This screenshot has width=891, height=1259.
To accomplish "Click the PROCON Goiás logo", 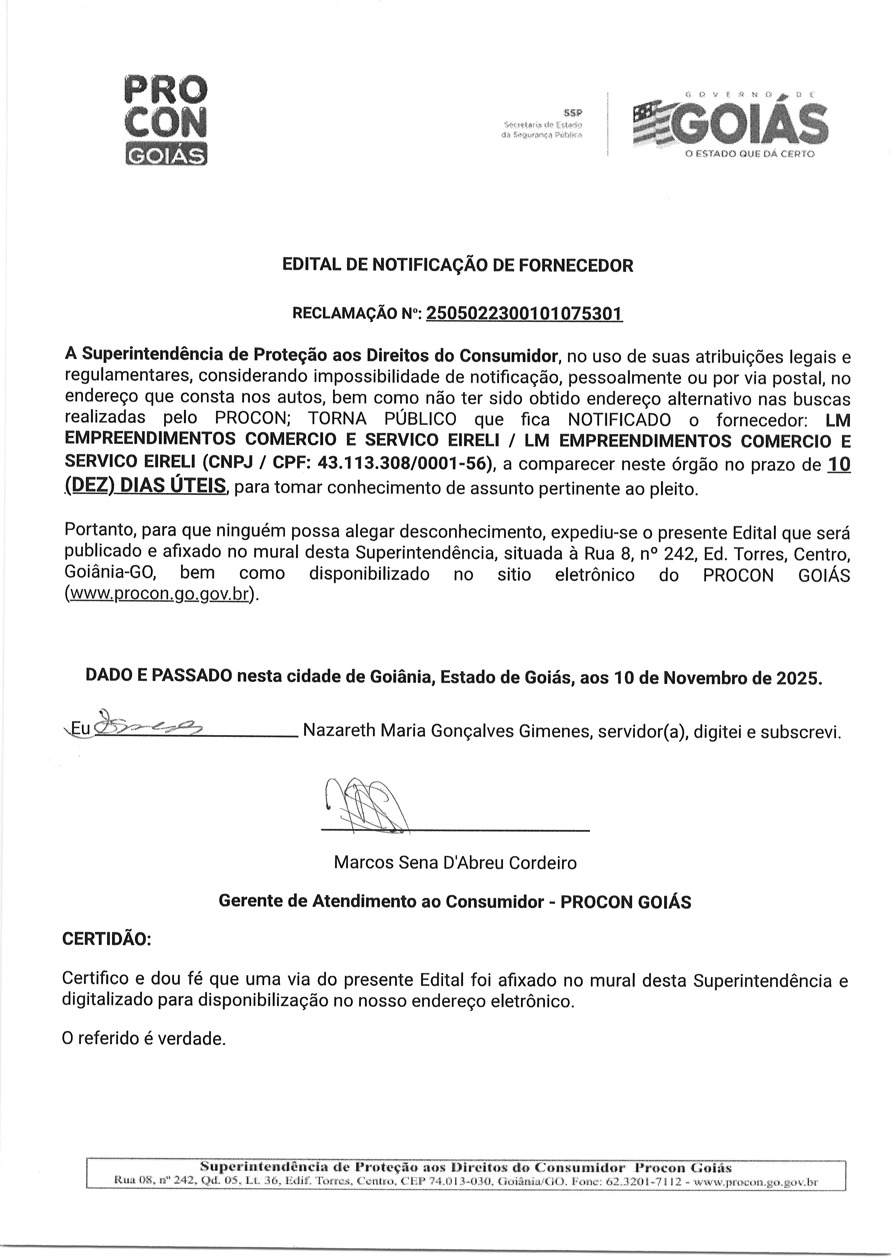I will (x=166, y=120).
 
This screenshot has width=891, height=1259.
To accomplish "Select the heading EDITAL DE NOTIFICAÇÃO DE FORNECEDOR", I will (x=458, y=266).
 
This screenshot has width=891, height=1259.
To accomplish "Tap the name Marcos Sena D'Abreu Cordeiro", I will (x=455, y=863).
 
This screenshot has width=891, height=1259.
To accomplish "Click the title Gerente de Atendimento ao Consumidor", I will (x=381, y=901).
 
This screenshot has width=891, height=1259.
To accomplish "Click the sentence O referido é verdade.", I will (x=144, y=1038).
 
